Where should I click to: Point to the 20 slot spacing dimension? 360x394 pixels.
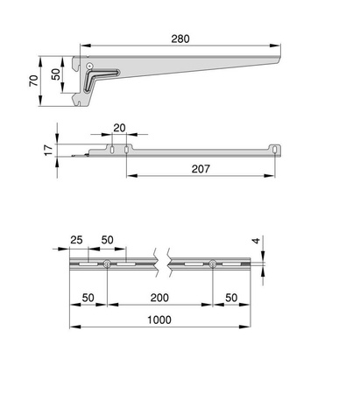point(119,128)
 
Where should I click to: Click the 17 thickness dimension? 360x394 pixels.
point(47,150)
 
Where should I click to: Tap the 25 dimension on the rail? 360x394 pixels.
point(77,240)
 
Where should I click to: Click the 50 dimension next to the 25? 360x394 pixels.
point(107,240)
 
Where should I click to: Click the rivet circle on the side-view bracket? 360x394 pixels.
point(88,66)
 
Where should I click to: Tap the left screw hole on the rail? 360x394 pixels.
point(106,264)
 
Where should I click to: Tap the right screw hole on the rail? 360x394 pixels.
point(212,264)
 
